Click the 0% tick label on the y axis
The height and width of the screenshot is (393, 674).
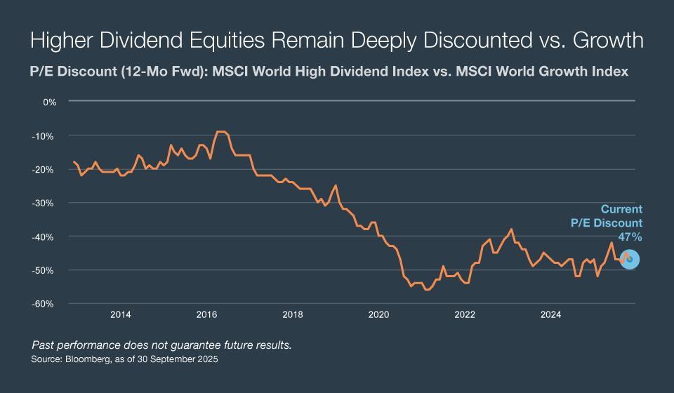[49, 102]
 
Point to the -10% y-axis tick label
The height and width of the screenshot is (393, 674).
[46, 135]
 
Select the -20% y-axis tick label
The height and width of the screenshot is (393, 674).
[46, 169]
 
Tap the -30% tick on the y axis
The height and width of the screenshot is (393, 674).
[46, 203]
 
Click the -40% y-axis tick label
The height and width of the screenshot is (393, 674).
[46, 237]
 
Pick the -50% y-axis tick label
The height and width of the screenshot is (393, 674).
[46, 270]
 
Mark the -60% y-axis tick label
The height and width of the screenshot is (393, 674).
[46, 304]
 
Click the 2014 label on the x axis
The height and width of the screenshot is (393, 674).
[121, 314]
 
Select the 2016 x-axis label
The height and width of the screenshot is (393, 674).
[207, 314]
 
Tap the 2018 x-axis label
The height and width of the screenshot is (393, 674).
[293, 314]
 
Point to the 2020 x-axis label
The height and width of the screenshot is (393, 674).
[379, 314]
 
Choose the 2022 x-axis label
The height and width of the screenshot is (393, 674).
[465, 314]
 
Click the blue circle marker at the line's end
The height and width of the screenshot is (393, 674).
[629, 260]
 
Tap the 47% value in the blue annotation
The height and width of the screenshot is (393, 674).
[629, 238]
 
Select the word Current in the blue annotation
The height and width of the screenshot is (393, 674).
[621, 209]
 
